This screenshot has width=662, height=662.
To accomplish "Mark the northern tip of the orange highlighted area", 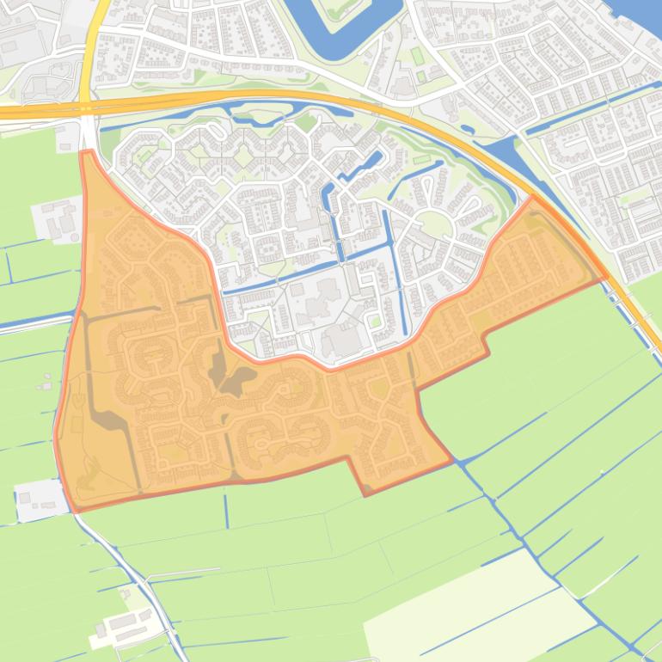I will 86,152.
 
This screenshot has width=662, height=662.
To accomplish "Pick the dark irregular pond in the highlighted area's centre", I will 236,378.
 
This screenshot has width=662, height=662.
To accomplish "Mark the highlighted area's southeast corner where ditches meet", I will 453,462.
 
